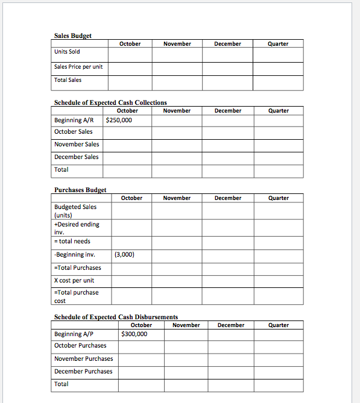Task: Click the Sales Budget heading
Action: coord(73,36)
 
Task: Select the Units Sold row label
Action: coord(67,52)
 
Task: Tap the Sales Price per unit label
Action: coord(78,66)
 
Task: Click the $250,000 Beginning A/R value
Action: coord(119,120)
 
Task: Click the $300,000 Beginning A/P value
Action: coord(134,334)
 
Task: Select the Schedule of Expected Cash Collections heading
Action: coord(110,103)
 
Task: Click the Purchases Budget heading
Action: coord(80,190)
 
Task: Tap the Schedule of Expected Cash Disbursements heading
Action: coord(116,317)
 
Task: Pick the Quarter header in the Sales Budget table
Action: coord(278,44)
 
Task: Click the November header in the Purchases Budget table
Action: coord(177,198)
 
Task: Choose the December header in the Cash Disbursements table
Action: coord(231,325)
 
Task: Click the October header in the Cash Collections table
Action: coord(127,111)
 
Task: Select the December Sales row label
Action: coord(77,157)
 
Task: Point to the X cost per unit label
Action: coord(74,281)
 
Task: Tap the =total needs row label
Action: coord(72,242)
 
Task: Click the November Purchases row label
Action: coord(83,359)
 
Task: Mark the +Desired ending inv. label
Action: coord(77,228)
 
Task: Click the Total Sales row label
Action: coord(68,80)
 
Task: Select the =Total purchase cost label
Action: coord(76,296)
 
